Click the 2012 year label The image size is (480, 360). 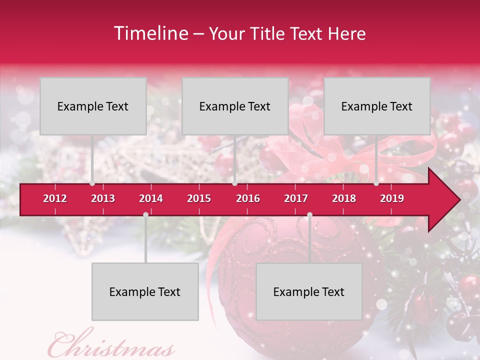coord(55,198)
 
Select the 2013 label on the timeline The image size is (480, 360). coord(103,198)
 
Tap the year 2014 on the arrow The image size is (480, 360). coord(151,198)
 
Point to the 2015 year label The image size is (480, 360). coord(199,198)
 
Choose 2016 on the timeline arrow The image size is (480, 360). coord(248,198)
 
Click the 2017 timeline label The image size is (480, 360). coord(296,198)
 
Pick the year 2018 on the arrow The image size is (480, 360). coord(344,198)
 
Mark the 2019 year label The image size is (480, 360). coord(392,198)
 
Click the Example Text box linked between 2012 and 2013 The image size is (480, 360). coord(93,106)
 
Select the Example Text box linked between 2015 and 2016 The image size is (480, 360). coord(235,106)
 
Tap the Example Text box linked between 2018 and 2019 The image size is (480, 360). coord(377,106)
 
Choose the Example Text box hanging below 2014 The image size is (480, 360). coord(145,291)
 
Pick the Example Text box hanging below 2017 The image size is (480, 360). coord(309,291)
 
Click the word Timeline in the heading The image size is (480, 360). coord(150,33)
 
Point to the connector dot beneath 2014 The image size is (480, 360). coord(145,214)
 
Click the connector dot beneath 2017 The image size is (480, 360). coord(309,214)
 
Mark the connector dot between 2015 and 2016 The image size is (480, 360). coord(234,183)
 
